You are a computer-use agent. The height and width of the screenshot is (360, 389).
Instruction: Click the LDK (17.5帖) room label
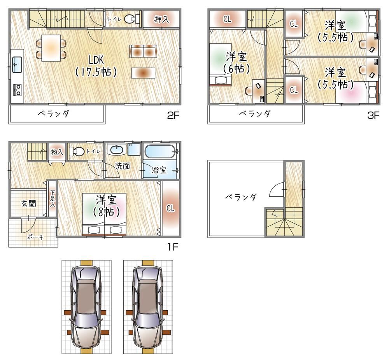click(x=96, y=66)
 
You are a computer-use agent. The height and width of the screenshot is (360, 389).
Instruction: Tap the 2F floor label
click(x=173, y=115)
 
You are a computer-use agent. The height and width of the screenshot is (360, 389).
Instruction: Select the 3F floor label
click(x=373, y=115)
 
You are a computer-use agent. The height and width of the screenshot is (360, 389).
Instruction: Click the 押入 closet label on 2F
click(x=161, y=19)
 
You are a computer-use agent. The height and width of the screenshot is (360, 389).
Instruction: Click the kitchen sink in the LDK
click(x=17, y=65)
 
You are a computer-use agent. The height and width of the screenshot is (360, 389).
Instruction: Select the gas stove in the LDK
click(x=17, y=90)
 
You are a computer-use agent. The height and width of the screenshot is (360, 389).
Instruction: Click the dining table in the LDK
click(x=51, y=48)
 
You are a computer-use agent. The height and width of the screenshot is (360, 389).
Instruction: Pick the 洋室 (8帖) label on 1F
click(x=107, y=205)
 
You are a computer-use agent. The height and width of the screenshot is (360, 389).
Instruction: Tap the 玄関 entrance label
click(x=28, y=204)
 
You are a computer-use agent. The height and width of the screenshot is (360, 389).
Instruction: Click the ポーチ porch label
click(x=35, y=237)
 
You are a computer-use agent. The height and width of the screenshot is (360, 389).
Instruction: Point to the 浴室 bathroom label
click(x=159, y=170)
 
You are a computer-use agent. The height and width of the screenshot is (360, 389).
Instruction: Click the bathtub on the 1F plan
click(x=161, y=151)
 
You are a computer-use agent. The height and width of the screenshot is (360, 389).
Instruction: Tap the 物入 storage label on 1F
click(x=57, y=152)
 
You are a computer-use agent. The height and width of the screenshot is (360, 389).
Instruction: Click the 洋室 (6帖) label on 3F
click(x=237, y=63)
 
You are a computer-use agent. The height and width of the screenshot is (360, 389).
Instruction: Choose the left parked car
click(x=86, y=308)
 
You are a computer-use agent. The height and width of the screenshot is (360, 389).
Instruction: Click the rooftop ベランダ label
click(x=241, y=197)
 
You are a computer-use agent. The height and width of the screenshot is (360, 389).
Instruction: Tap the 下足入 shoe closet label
click(x=53, y=199)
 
